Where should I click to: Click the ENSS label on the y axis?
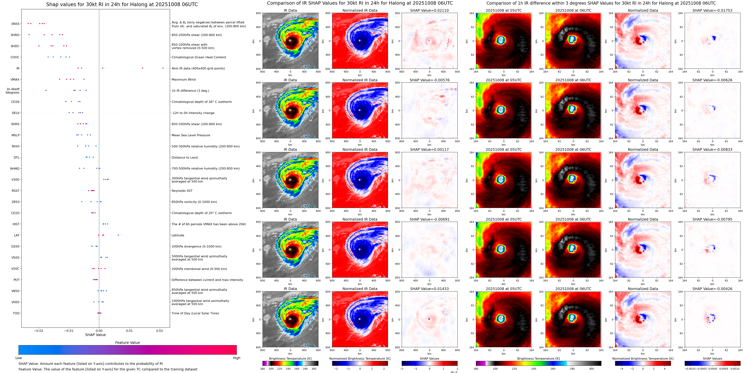[15, 24]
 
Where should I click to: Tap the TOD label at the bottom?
[16, 313]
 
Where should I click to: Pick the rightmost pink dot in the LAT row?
[118, 235]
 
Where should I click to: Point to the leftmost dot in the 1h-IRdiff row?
[46, 90]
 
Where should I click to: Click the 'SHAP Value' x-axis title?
[95, 335]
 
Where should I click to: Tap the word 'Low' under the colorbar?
[19, 358]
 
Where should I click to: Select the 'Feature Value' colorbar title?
[127, 343]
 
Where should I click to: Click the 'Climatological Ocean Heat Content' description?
[199, 57]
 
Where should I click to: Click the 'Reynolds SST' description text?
[182, 191]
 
